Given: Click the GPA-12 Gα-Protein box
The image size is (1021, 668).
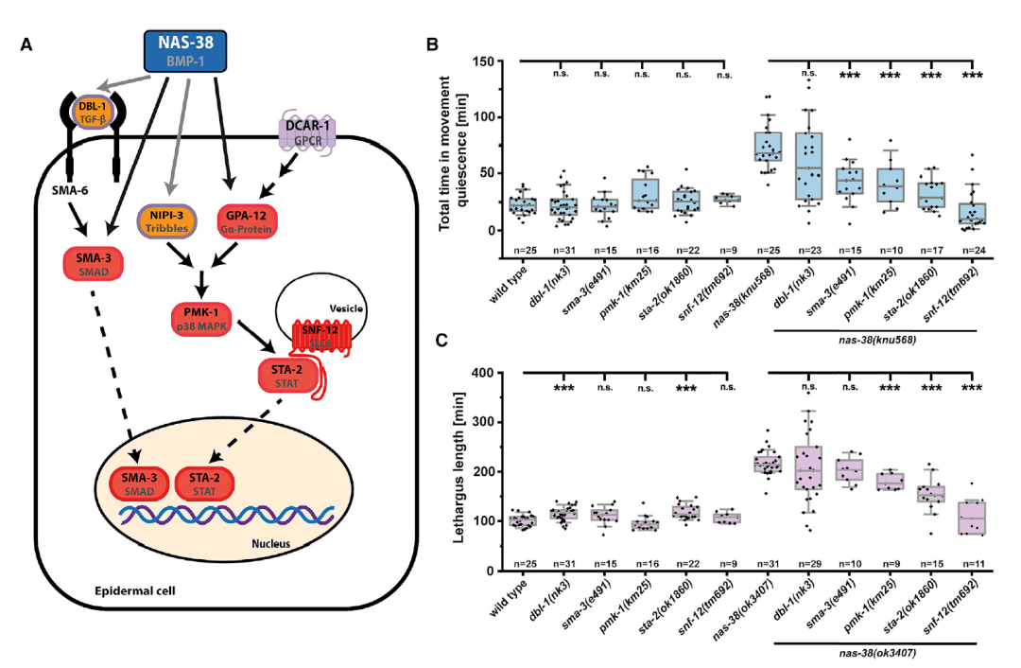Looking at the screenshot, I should [x=251, y=221].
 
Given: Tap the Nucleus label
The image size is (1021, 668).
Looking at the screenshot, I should [x=289, y=544].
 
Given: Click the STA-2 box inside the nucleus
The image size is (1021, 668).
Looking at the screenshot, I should [x=206, y=483].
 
